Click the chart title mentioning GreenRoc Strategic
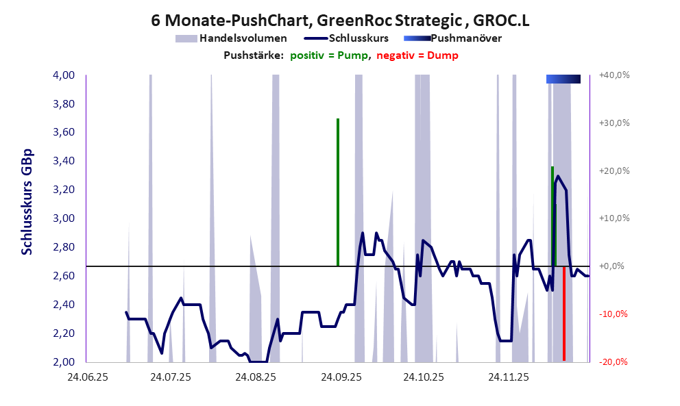pyautogui.click(x=340, y=21)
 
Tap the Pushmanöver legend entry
pyautogui.click(x=466, y=38)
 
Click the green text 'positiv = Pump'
pyautogui.click(x=329, y=55)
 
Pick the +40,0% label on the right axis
pyautogui.click(x=614, y=75)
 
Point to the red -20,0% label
pyautogui.click(x=615, y=362)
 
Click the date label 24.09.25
pyautogui.click(x=339, y=377)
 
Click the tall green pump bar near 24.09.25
pyautogui.click(x=338, y=192)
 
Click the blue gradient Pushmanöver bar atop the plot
pyautogui.click(x=563, y=79)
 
